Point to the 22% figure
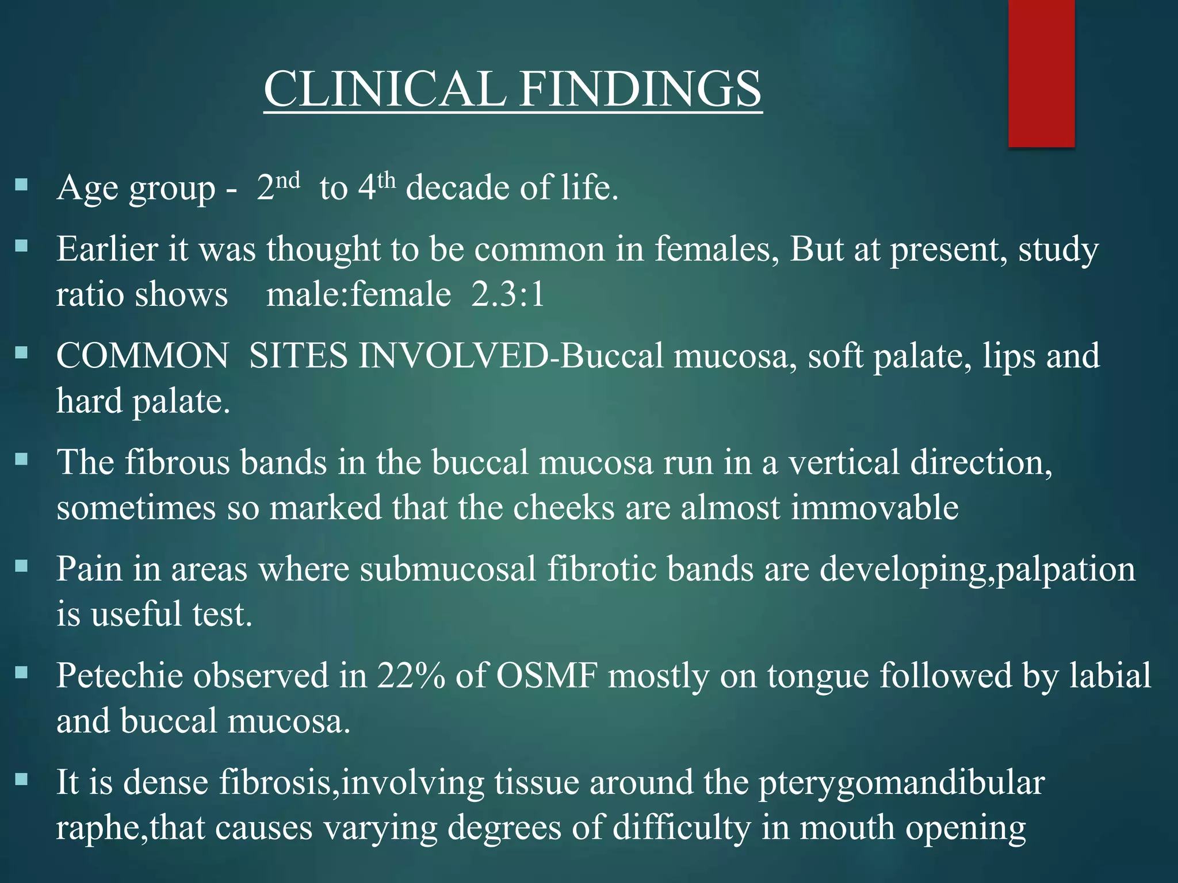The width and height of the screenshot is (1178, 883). (x=411, y=675)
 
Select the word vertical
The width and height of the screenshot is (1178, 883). (x=843, y=462)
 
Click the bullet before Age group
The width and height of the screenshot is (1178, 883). (x=21, y=185)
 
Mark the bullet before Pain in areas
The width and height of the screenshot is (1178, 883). (x=21, y=566)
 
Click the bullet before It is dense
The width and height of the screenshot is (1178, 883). (x=21, y=780)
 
